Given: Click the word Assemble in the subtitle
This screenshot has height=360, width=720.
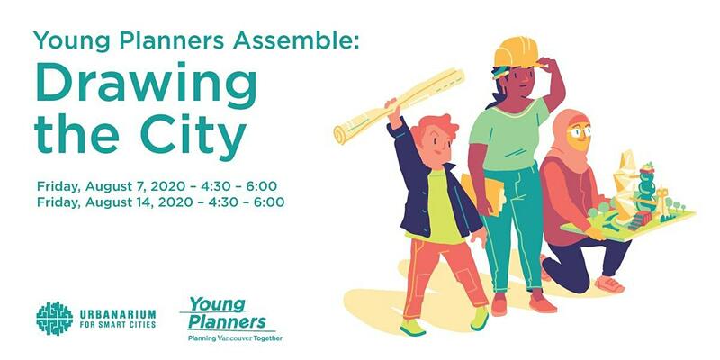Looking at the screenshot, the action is click(294, 40).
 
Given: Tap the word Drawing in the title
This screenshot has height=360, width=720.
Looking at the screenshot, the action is click(146, 85).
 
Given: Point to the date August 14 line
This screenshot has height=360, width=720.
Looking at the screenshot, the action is click(161, 202).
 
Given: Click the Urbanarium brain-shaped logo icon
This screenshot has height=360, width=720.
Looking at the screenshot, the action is click(54, 319).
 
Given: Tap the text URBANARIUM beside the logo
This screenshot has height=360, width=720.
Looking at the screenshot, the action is click(118, 314).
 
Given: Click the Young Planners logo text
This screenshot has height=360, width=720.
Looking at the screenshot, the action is click(227, 313).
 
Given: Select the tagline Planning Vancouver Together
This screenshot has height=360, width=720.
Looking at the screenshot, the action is click(235, 338).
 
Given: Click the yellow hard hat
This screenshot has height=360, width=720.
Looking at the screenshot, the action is click(516, 52).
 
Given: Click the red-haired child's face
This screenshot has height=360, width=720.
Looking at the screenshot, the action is click(436, 145).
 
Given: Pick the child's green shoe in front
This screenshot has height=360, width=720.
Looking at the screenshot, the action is click(413, 328).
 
